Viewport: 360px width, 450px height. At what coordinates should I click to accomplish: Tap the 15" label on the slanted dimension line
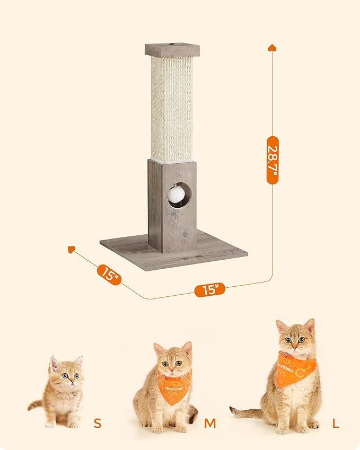click(x=109, y=275)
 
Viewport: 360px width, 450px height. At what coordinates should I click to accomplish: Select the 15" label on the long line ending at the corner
click(x=210, y=290)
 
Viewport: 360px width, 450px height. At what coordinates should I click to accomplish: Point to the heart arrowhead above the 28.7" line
click(x=273, y=48)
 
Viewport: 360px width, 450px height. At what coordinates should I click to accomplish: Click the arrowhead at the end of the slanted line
click(x=72, y=249)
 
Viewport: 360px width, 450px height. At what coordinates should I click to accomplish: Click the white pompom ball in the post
click(x=176, y=195)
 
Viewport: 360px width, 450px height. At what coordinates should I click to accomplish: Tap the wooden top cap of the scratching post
click(x=172, y=50)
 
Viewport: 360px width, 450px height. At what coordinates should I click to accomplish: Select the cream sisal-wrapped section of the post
click(x=172, y=109)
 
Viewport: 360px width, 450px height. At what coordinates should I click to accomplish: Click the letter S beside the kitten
click(x=97, y=423)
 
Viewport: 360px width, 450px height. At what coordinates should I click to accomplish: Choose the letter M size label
click(x=210, y=423)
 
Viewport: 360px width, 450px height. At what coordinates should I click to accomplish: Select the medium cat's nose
click(x=172, y=369)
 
